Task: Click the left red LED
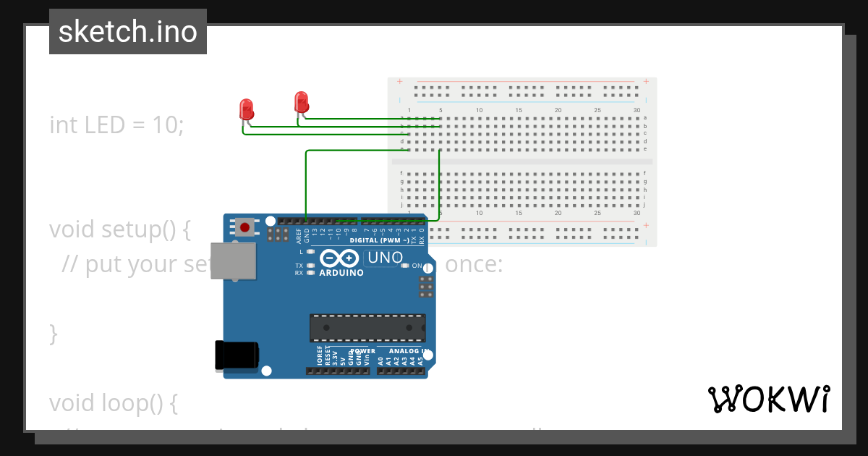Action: point(246,110)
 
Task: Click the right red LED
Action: point(302,101)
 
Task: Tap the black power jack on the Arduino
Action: point(236,355)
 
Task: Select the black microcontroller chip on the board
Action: point(367,327)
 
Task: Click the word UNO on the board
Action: point(386,258)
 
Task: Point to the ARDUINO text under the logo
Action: point(341,273)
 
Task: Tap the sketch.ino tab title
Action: point(128,32)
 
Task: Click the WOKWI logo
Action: point(769,400)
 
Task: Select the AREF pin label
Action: point(299,235)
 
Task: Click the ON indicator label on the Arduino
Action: point(417,266)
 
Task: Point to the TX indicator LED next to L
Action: point(310,266)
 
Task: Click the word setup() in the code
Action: point(145,229)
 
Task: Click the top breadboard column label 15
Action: point(519,110)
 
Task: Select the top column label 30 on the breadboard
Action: point(637,110)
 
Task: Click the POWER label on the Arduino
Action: point(363,351)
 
